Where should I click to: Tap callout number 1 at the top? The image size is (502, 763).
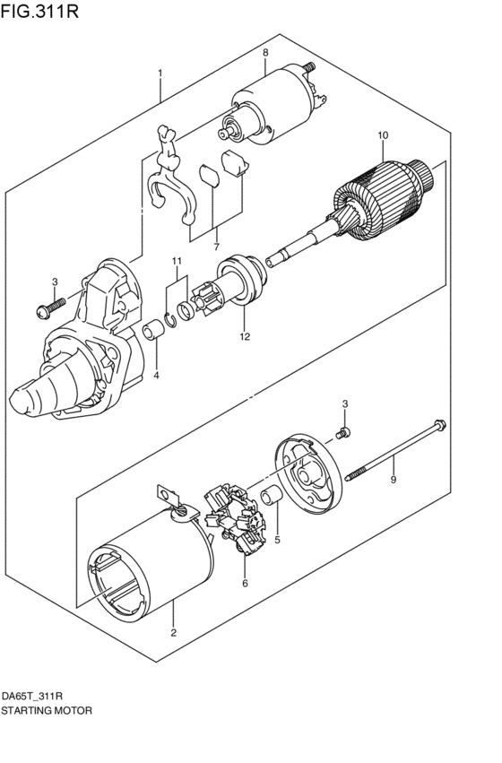[160, 73]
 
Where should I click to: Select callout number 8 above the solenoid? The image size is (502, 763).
[265, 53]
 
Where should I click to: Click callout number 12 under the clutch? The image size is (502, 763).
[244, 337]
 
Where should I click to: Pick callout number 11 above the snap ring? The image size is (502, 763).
[177, 261]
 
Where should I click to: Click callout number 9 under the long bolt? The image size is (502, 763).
[392, 481]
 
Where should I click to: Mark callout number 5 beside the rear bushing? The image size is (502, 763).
[277, 540]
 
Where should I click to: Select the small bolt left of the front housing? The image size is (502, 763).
[48, 310]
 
